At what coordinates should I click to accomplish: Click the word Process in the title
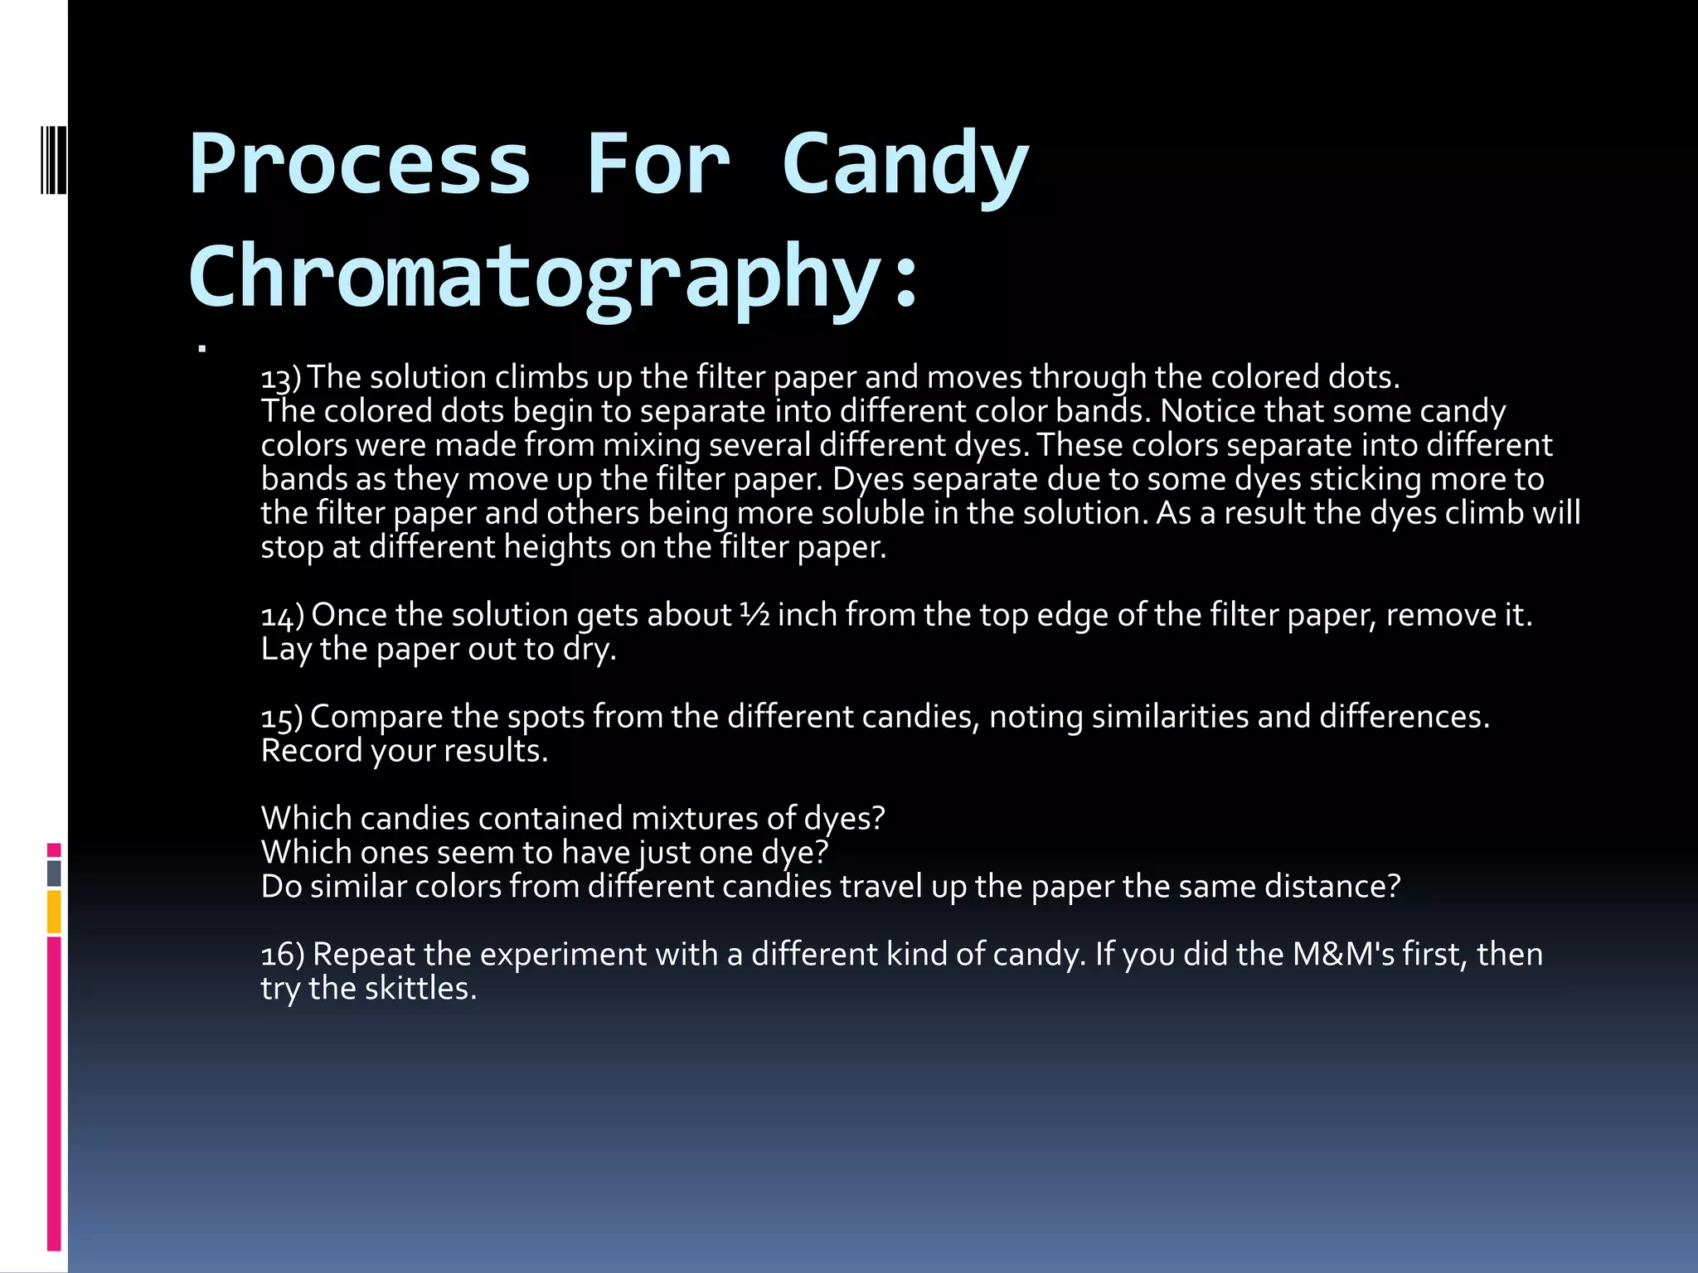359,165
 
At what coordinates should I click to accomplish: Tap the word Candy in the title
905,165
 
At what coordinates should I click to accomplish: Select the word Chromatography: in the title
554,277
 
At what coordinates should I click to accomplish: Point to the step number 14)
282,616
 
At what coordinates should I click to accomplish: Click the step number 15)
282,718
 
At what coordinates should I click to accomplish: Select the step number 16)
283,955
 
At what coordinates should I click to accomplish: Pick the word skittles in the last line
420,989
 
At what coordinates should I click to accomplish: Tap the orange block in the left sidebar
54,912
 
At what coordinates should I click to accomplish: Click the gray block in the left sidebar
54,874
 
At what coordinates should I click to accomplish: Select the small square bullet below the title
201,349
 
